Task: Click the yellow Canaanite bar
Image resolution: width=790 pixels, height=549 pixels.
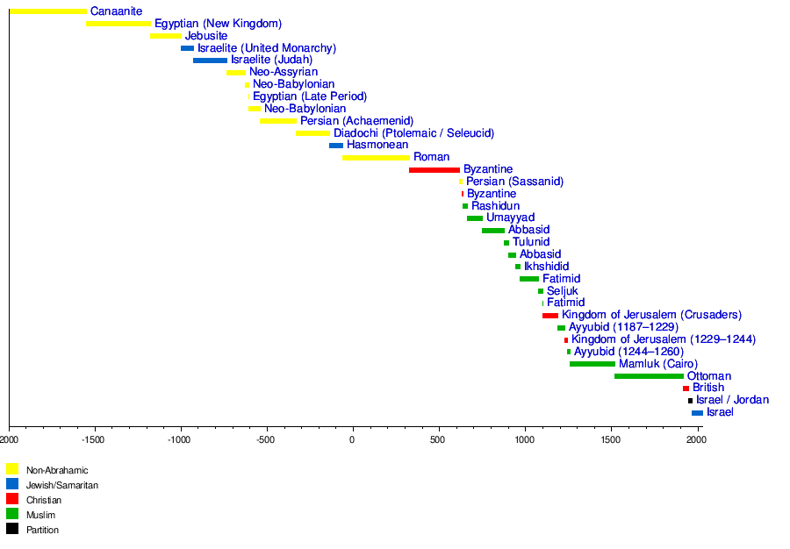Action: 48,11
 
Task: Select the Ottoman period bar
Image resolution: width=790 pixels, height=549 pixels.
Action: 649,376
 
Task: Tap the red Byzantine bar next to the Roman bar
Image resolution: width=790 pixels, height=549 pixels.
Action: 434,169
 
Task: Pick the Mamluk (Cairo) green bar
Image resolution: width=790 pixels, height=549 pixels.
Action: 592,364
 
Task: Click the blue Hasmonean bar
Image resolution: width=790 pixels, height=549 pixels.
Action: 336,146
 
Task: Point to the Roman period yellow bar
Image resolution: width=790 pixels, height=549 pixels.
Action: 377,158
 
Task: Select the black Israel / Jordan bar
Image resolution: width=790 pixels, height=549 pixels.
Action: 691,401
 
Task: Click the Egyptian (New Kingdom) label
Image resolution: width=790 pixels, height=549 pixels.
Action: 218,24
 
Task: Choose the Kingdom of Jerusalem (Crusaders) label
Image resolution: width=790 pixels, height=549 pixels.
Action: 651,315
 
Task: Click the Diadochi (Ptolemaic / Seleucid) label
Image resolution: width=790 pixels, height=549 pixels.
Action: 413,133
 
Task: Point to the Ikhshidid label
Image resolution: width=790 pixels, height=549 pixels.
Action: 546,267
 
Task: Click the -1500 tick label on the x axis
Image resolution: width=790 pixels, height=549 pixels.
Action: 95,439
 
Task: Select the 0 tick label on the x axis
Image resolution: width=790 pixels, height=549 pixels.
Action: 352,439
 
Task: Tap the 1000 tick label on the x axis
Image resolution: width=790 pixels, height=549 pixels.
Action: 524,439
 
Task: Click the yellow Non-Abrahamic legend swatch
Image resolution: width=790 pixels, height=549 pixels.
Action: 12,469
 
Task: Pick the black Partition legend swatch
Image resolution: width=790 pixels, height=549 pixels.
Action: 12,529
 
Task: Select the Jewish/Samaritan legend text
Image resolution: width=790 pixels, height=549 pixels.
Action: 61,485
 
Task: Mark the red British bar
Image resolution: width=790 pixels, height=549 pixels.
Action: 686,389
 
